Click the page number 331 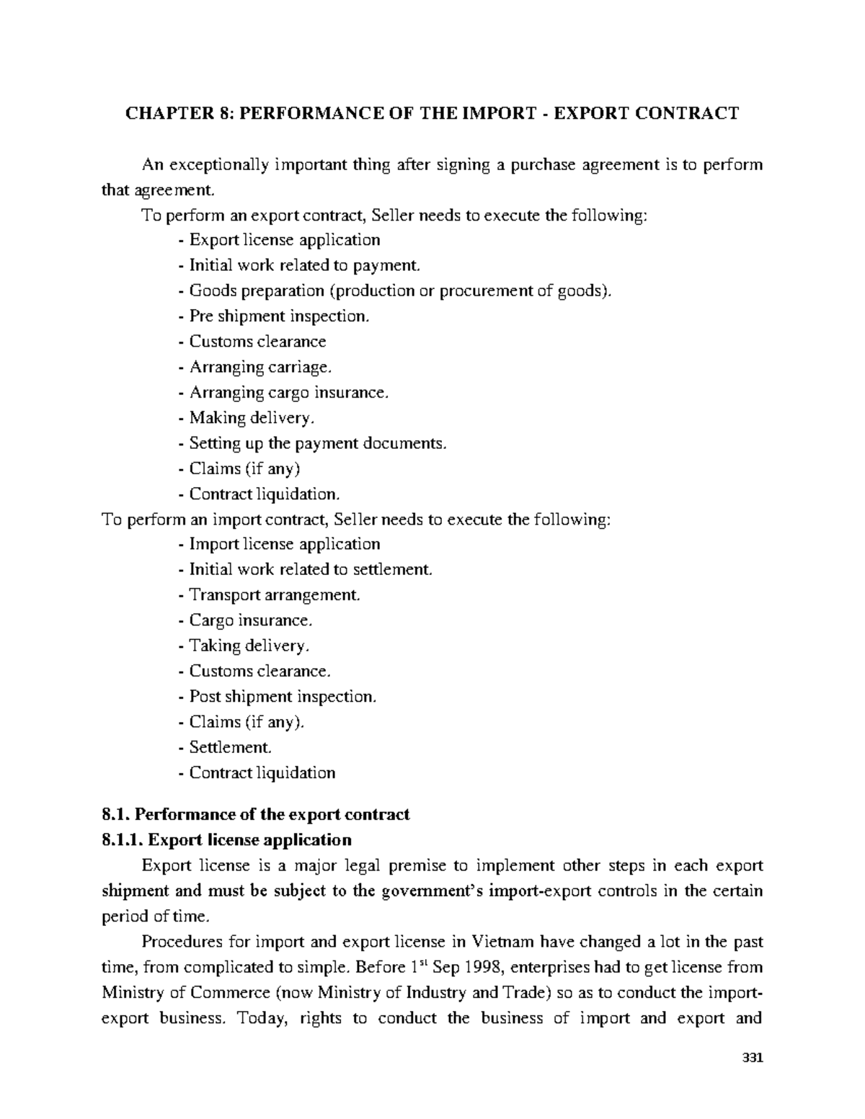tap(752, 1058)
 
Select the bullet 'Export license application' tap(279, 240)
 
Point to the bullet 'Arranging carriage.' tap(255, 367)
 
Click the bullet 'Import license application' tap(279, 544)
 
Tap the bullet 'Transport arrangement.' tap(269, 595)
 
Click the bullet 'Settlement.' tap(226, 747)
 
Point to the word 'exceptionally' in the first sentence tap(219, 165)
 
